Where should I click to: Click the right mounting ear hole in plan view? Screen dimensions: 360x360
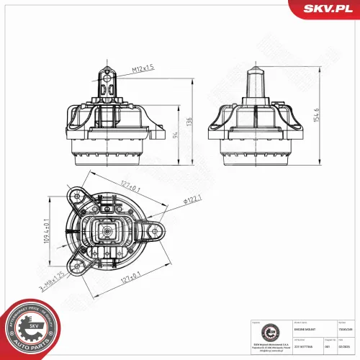coord(153,232)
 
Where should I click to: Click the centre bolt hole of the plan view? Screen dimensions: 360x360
coord(104,232)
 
